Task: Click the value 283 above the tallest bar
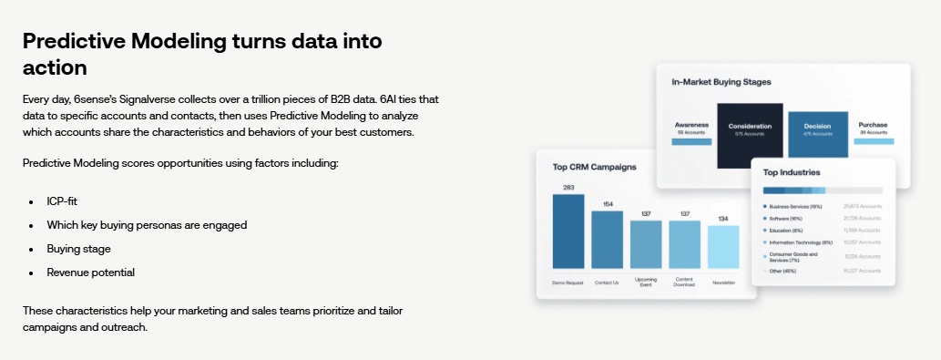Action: point(568,188)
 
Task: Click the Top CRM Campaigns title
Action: point(594,167)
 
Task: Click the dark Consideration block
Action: point(750,136)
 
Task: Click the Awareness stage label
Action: point(691,125)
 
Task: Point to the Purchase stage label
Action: point(872,125)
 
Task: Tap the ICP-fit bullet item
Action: point(63,200)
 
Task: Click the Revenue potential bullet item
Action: point(91,272)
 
